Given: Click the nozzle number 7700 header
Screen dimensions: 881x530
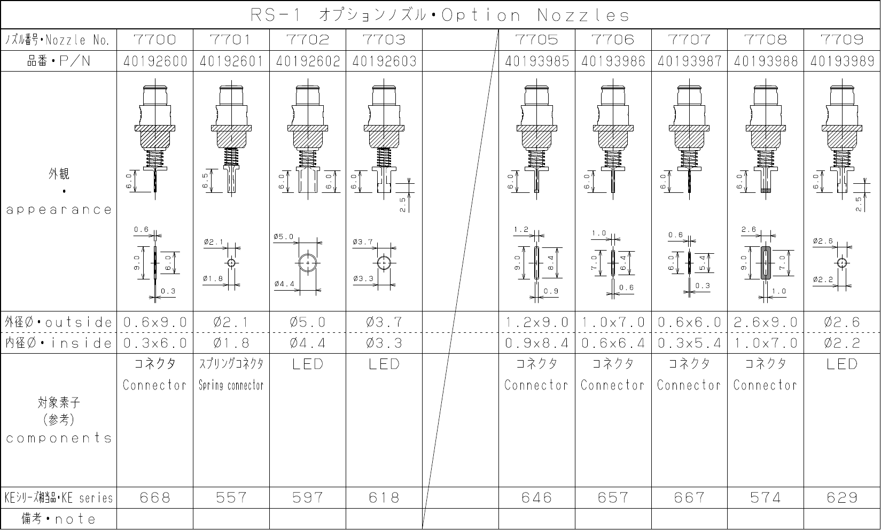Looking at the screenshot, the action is (x=155, y=40).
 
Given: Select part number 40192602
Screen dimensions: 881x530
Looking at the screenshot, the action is (x=308, y=61).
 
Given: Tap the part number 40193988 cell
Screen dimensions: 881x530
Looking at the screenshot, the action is (x=766, y=61).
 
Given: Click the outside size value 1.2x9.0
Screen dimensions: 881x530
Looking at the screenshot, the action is (x=537, y=322).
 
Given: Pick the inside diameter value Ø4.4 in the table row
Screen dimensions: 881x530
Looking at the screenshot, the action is (x=308, y=343).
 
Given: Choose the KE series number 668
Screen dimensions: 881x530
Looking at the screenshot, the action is (x=155, y=498).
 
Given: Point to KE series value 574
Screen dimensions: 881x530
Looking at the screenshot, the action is (x=766, y=498).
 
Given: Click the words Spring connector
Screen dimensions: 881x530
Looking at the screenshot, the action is (x=231, y=385).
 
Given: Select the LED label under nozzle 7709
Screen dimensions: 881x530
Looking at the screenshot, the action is (x=842, y=364).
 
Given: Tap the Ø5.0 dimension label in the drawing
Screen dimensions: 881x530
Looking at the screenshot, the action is (x=284, y=237).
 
